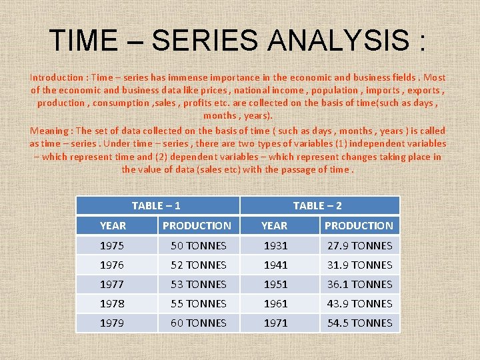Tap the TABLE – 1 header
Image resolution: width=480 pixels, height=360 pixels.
pyautogui.click(x=156, y=206)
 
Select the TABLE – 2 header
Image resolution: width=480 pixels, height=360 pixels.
pyautogui.click(x=317, y=206)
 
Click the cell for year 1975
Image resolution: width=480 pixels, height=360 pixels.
pyautogui.click(x=111, y=246)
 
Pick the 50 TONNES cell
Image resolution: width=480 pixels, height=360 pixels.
pyautogui.click(x=198, y=246)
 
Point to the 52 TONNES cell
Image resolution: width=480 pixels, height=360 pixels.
pyautogui.click(x=198, y=265)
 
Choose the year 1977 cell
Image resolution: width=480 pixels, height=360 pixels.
pyautogui.click(x=111, y=285)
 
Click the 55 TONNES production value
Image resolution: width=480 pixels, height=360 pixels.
pyautogui.click(x=198, y=304)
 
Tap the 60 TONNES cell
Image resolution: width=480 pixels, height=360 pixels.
pyautogui.click(x=198, y=323)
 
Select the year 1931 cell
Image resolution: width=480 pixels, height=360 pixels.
pyautogui.click(x=275, y=246)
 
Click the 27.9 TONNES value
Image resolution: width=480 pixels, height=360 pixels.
pyautogui.click(x=359, y=246)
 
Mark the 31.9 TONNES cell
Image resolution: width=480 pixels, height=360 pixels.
pyautogui.click(x=359, y=265)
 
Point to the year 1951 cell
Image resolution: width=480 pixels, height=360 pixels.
pyautogui.click(x=275, y=285)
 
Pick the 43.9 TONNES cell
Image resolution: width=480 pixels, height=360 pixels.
pyautogui.click(x=359, y=304)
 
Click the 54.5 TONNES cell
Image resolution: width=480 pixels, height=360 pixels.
pyautogui.click(x=359, y=323)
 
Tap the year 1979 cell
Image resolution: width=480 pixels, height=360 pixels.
pyautogui.click(x=111, y=323)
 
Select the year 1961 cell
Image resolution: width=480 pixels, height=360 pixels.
pyautogui.click(x=275, y=304)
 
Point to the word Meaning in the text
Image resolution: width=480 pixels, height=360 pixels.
pyautogui.click(x=49, y=131)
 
